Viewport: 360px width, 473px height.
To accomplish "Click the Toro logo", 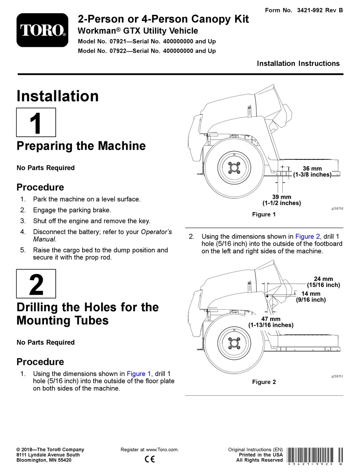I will [x=42, y=30].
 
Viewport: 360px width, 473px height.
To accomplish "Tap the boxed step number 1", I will [x=36, y=122].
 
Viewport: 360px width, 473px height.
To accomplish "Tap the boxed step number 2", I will [x=36, y=284].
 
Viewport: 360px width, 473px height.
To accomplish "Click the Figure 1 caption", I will [x=264, y=214].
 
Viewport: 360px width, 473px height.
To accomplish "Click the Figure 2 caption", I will [x=264, y=382].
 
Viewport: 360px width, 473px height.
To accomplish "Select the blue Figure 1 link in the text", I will [x=139, y=374].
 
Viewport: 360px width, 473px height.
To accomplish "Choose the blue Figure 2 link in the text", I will [x=308, y=236].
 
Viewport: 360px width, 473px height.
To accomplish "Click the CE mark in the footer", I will [x=150, y=459].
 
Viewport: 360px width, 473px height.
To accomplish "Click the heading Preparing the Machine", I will [x=81, y=146].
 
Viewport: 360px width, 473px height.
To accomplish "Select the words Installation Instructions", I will [x=298, y=64].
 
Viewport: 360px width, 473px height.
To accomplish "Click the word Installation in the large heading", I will [x=58, y=96].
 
